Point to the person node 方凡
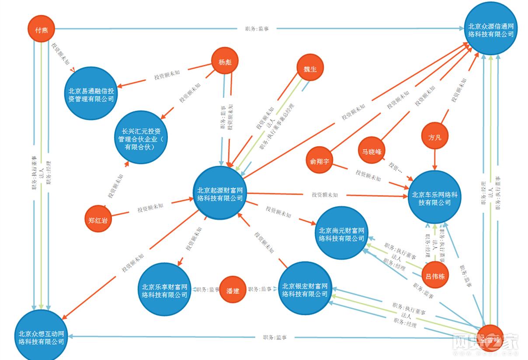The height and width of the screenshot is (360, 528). [x=435, y=138]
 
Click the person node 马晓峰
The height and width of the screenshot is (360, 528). [x=372, y=151]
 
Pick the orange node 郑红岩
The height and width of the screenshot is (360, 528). [x=97, y=218]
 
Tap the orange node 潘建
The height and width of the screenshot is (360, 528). [x=233, y=290]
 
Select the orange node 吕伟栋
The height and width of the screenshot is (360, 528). [x=436, y=276]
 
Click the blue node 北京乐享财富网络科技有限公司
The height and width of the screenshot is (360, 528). [x=164, y=290]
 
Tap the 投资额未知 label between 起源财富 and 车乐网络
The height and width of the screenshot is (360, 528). [x=324, y=195]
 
